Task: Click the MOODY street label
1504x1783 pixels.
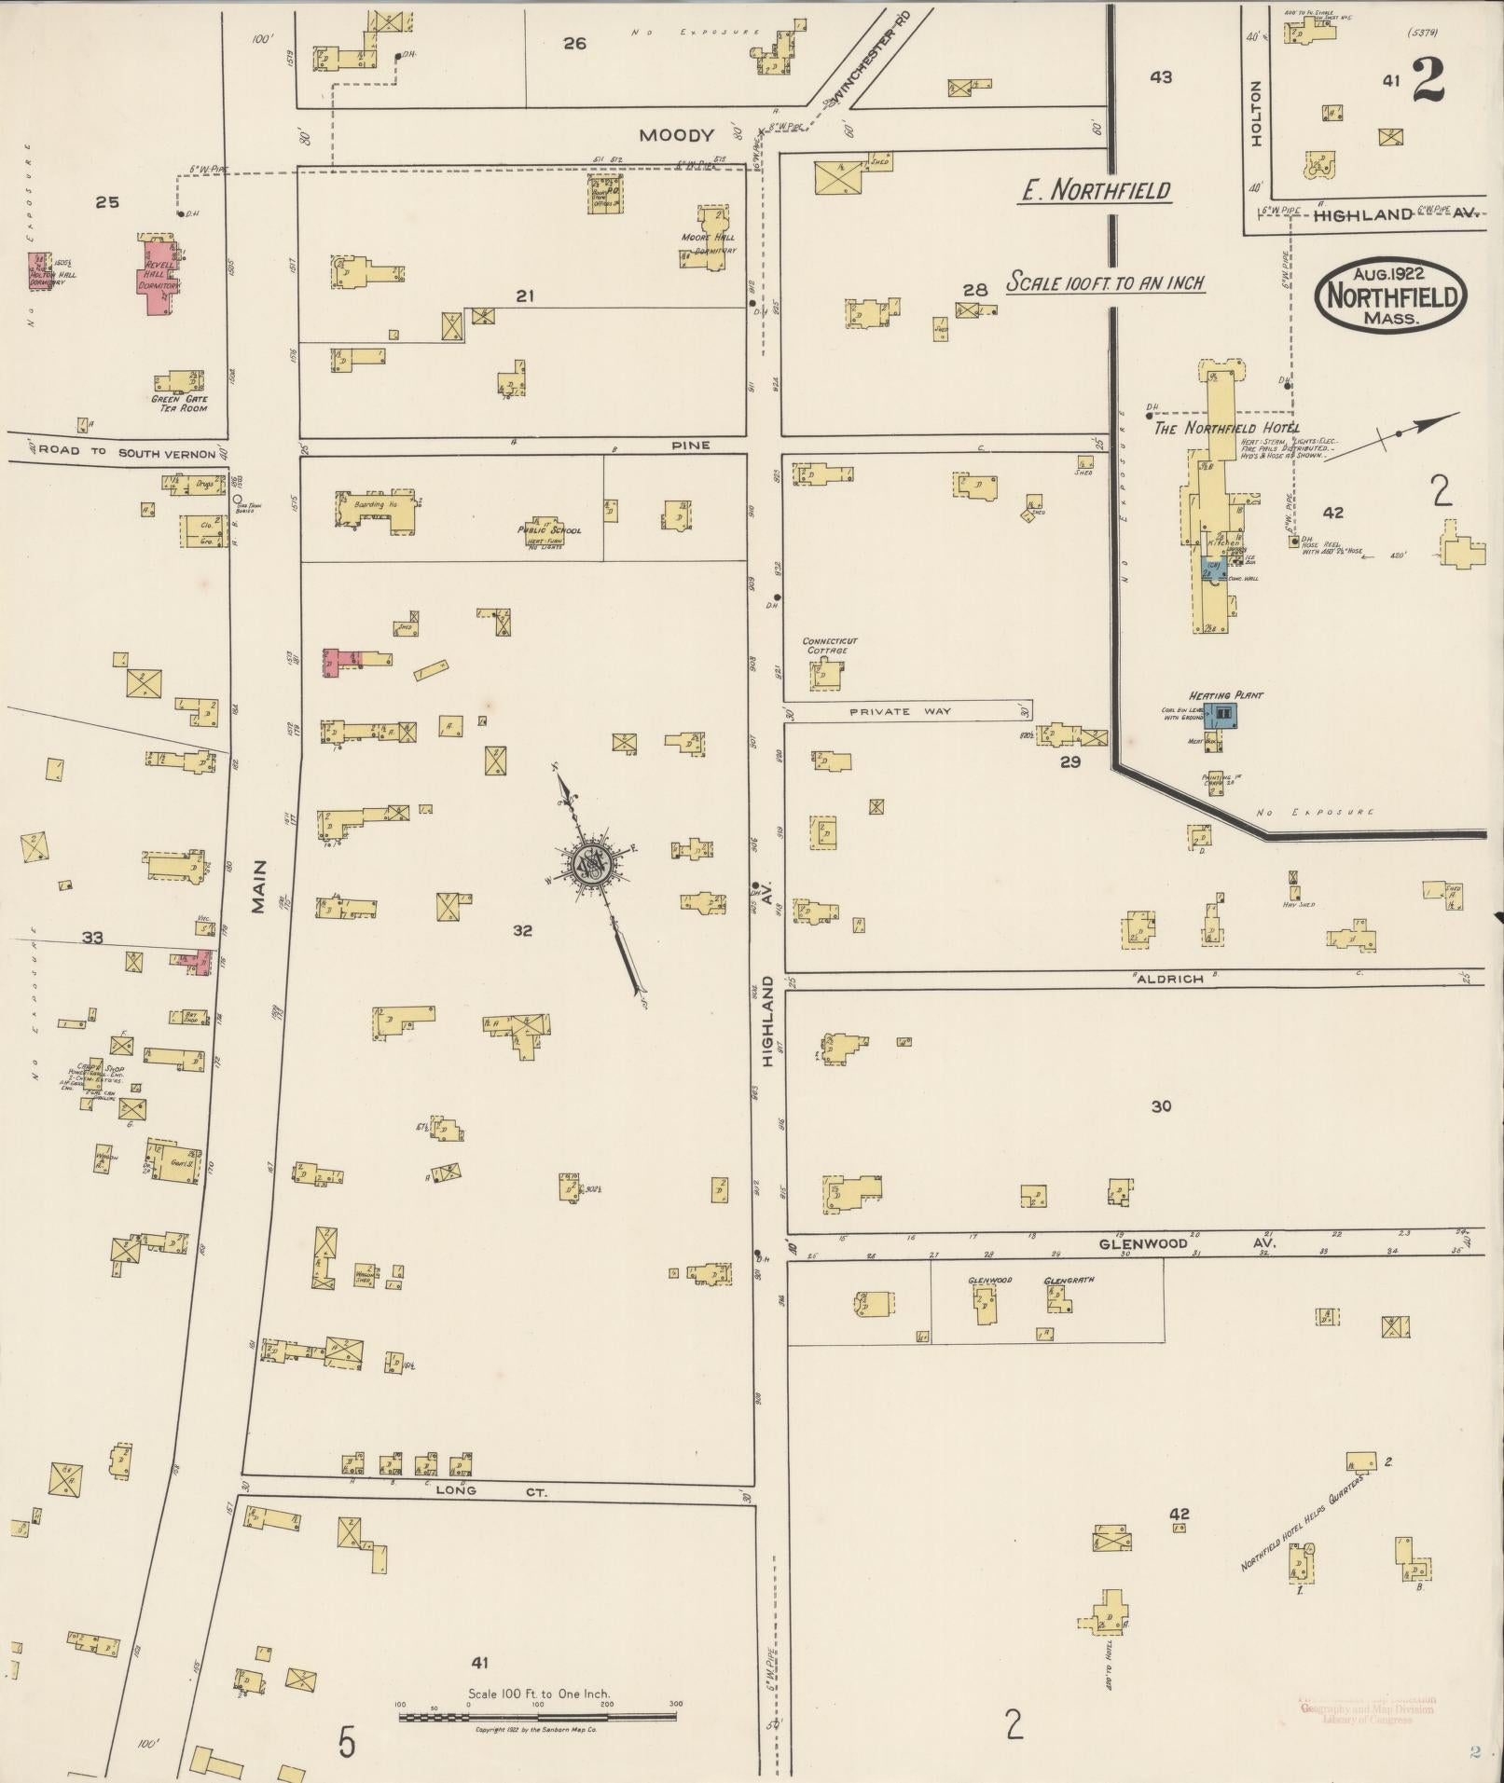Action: (676, 135)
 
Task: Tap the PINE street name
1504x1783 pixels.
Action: (691, 446)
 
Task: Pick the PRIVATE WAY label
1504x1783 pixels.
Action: (900, 711)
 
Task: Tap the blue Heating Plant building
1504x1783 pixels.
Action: (1221, 716)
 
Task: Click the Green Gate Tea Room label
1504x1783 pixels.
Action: (179, 404)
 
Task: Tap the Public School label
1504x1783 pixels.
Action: (549, 530)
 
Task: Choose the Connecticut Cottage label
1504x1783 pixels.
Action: (829, 645)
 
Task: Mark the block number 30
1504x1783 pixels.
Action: (1161, 1106)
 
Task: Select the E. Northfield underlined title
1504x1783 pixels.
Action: (1095, 191)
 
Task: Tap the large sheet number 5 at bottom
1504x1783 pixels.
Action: (347, 1742)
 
